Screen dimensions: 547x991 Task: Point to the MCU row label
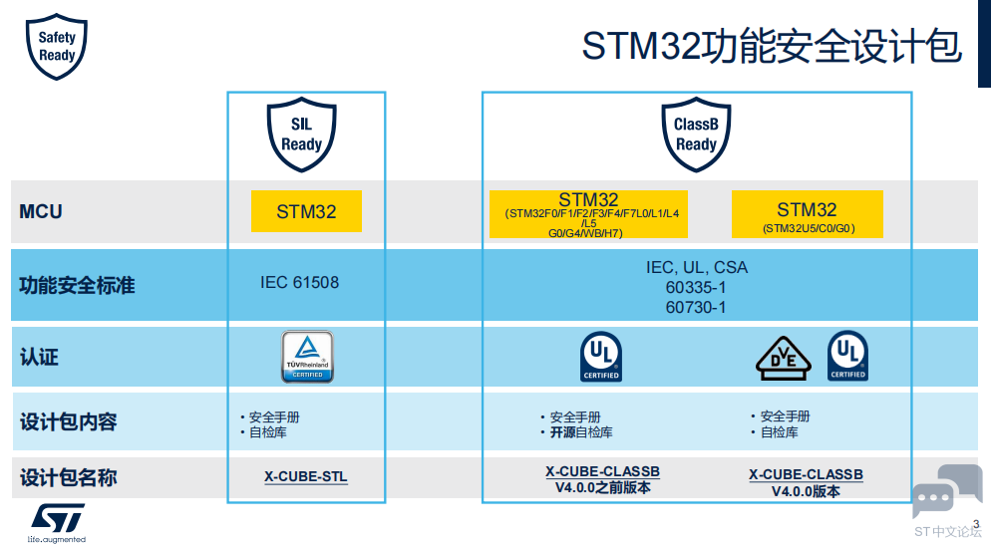pyautogui.click(x=41, y=211)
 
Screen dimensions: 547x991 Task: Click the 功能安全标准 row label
pyautogui.click(x=77, y=286)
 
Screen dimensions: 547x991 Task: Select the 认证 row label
pyautogui.click(x=40, y=356)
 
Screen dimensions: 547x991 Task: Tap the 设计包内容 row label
pyautogui.click(x=68, y=421)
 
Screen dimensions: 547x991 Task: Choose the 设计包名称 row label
pyautogui.click(x=68, y=477)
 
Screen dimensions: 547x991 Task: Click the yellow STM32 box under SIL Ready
pyautogui.click(x=306, y=211)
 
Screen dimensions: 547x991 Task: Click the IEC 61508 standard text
pyautogui.click(x=299, y=282)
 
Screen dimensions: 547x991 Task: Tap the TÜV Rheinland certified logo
pyautogui.click(x=307, y=357)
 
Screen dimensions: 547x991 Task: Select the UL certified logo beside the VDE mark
pyautogui.click(x=847, y=356)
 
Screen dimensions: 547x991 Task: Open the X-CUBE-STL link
pyautogui.click(x=306, y=477)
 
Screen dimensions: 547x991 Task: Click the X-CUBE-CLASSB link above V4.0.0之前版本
pyautogui.click(x=602, y=471)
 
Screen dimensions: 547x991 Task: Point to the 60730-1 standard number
pyautogui.click(x=696, y=307)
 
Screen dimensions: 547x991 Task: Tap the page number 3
pyautogui.click(x=976, y=525)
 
